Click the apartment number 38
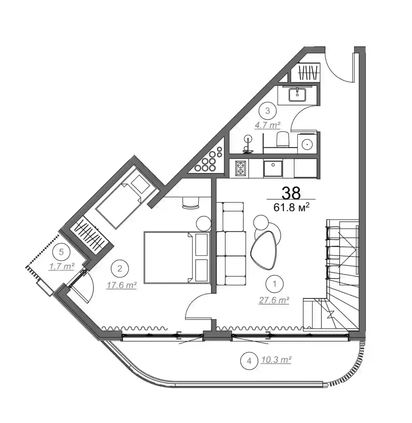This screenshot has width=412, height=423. coord(291,193)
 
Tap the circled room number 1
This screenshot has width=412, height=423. coord(274,284)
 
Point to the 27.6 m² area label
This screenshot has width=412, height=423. coord(274,300)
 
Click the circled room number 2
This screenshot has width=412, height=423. coord(119,268)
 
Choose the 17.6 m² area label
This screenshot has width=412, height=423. coord(122,285)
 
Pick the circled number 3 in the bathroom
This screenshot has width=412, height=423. coord(267,111)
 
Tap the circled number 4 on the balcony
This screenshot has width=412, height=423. coord(249,361)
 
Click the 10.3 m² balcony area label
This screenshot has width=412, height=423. coord(276,360)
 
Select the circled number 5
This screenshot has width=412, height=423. coord(61,252)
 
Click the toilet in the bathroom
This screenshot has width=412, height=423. coord(283,139)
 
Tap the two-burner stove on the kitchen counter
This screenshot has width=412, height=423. coord(240,169)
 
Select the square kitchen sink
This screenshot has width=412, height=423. coord(273,169)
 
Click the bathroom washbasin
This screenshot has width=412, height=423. coord(297,94)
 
